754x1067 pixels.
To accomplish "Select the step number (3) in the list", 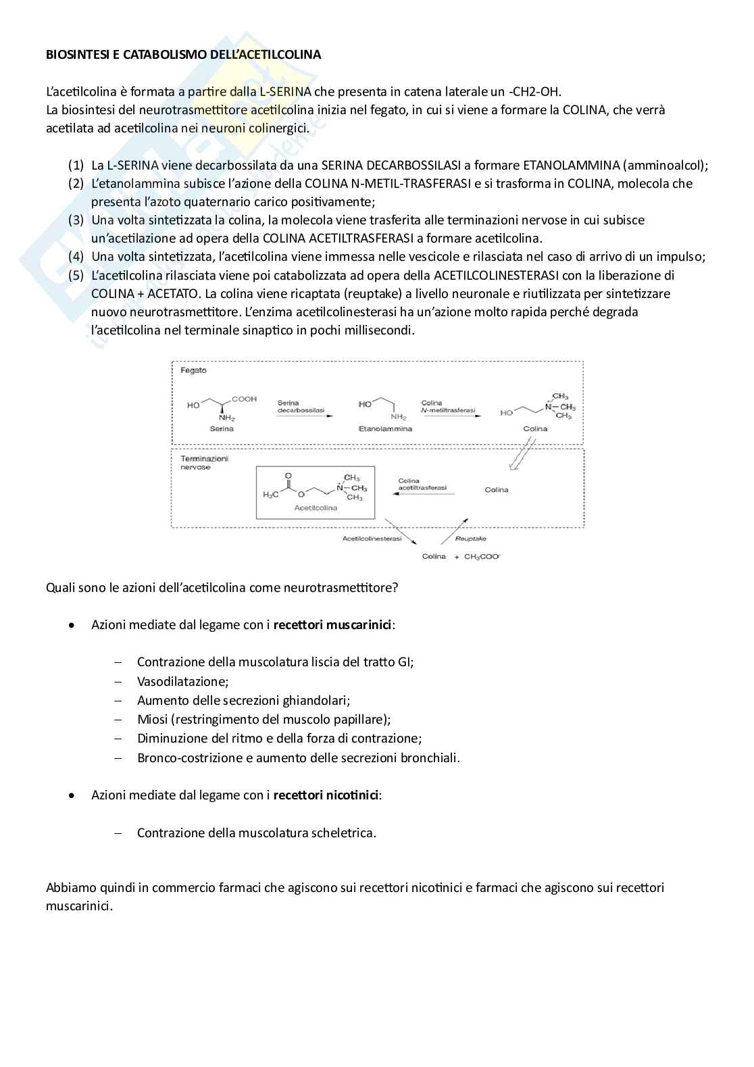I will [76, 220].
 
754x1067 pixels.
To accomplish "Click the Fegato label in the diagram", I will [193, 370].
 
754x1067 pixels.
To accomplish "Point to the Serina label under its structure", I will [222, 428].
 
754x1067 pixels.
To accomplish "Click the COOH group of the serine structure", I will [244, 399].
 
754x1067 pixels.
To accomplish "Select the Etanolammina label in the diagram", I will [385, 428].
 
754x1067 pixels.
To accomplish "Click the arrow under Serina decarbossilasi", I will [305, 416].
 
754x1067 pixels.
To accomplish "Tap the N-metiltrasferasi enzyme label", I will [447, 410].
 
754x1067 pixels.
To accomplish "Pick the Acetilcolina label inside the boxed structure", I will [316, 507].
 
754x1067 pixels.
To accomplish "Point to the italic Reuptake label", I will [471, 539].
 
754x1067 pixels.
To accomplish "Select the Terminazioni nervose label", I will [204, 462].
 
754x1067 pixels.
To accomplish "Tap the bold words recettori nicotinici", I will [326, 795].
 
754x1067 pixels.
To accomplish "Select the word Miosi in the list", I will [152, 719].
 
